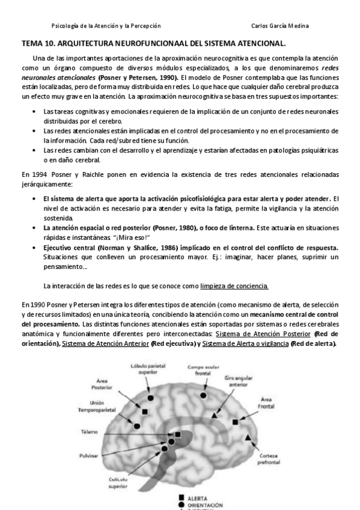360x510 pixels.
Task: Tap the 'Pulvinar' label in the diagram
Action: pos(88,456)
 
